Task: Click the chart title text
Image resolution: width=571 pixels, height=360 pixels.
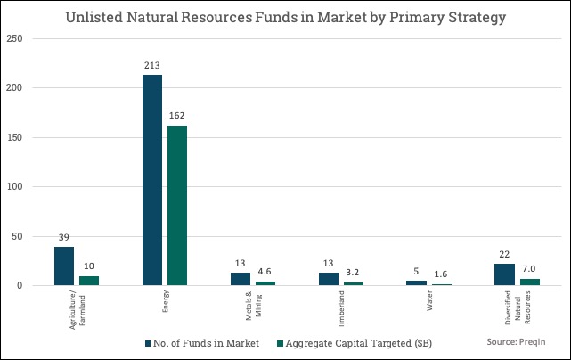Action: (285, 17)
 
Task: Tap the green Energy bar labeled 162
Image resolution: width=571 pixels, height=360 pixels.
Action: (177, 205)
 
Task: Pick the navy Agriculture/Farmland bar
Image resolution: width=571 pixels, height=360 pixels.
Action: (64, 266)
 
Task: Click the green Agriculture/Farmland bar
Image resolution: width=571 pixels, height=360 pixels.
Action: (89, 280)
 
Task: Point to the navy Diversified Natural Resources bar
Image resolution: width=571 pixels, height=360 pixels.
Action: (505, 274)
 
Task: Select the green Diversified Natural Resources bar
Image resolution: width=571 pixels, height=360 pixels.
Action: (530, 282)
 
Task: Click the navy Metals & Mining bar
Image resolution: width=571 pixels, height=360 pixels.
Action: (241, 279)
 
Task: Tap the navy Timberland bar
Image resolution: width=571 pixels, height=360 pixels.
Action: (329, 279)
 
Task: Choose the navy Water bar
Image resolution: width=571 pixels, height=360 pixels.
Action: (417, 282)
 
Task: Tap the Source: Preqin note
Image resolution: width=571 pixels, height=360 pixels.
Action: (516, 341)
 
